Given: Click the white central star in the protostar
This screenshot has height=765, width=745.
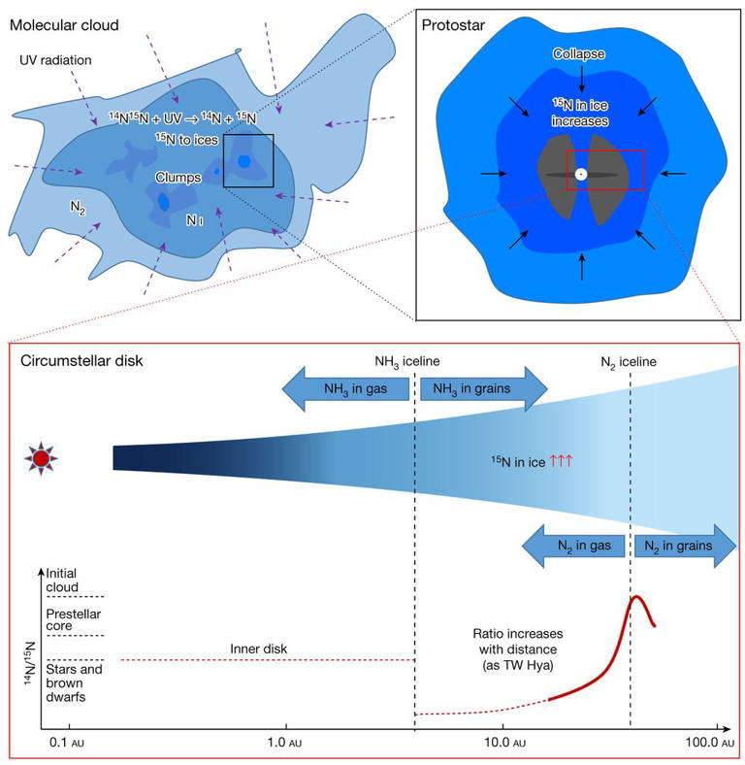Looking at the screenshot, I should click(x=580, y=175).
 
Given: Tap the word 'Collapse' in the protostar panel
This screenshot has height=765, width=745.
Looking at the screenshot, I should click(x=580, y=55).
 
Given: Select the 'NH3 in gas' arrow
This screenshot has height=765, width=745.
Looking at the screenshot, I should click(x=346, y=389).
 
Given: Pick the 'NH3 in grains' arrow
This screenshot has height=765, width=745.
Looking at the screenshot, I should click(x=483, y=389).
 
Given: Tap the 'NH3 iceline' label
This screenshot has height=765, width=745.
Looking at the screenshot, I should click(x=407, y=361).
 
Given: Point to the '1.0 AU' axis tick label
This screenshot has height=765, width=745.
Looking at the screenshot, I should click(x=286, y=743).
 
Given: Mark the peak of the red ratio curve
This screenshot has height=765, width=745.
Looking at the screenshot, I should click(x=636, y=596).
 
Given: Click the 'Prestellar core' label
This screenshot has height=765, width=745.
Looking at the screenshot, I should click(x=69, y=619).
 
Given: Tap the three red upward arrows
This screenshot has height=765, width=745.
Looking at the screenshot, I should click(x=562, y=462).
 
